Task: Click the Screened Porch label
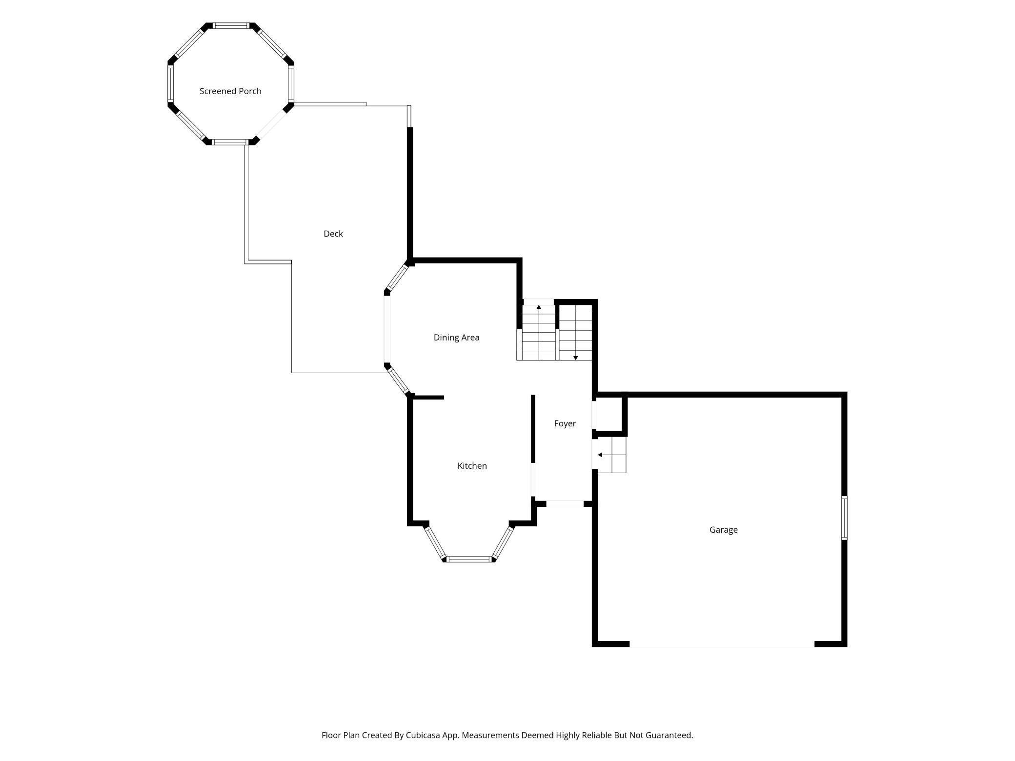[x=230, y=91]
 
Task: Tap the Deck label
[x=333, y=234]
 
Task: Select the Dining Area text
[x=456, y=338]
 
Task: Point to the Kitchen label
[x=472, y=466]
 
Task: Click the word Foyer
[x=565, y=424]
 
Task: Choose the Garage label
[x=723, y=530]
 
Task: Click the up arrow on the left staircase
[x=539, y=307]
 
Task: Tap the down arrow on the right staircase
[x=576, y=358]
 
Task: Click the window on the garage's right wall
[x=844, y=518]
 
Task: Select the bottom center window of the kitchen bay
[x=469, y=559]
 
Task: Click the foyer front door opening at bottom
[x=565, y=504]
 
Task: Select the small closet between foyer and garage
[x=609, y=414]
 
